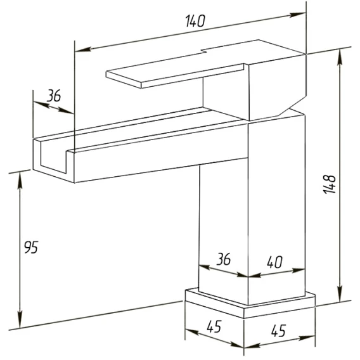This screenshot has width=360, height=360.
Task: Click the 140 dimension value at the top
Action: (x=195, y=21)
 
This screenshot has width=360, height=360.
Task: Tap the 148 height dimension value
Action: (x=330, y=184)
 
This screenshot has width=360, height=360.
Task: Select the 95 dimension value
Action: (x=31, y=247)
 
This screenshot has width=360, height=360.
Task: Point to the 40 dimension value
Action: (x=274, y=262)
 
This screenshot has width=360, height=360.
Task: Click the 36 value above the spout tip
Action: (x=54, y=96)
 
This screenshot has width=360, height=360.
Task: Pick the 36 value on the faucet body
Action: (x=224, y=259)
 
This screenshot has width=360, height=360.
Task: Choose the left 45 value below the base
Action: (x=214, y=326)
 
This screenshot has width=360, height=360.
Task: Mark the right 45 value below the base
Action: (x=278, y=330)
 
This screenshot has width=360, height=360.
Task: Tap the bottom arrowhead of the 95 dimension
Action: (x=20, y=320)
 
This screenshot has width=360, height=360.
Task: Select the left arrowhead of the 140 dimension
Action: (x=83, y=49)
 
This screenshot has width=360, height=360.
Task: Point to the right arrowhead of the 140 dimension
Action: (x=298, y=15)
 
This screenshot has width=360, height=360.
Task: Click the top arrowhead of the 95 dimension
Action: (x=20, y=180)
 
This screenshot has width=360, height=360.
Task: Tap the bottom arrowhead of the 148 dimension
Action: (x=340, y=293)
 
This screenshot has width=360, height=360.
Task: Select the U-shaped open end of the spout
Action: (x=54, y=158)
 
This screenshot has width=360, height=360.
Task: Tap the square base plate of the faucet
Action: (x=250, y=304)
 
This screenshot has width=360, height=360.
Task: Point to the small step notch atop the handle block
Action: (x=203, y=51)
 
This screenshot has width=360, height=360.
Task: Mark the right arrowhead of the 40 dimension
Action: (x=298, y=270)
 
